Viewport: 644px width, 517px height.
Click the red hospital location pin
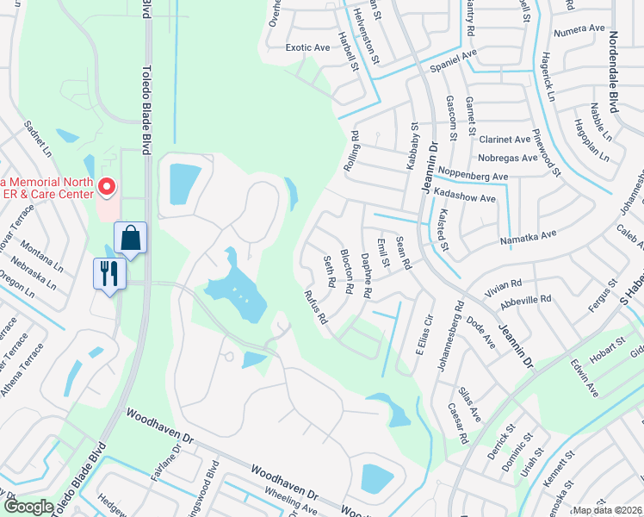(x=107, y=186)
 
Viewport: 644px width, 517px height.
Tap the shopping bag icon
(x=130, y=237)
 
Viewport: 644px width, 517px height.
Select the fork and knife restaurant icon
(x=110, y=273)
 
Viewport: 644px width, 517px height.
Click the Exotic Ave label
(x=307, y=48)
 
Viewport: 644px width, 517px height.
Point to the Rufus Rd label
(x=315, y=307)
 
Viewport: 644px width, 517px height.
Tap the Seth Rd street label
(x=328, y=271)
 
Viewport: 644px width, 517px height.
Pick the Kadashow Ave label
(x=466, y=198)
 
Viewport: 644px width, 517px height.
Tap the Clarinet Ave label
(x=505, y=140)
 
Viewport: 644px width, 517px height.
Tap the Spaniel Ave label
(x=454, y=60)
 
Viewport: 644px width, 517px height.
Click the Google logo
(x=28, y=508)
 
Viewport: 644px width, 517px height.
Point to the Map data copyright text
(x=606, y=510)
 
